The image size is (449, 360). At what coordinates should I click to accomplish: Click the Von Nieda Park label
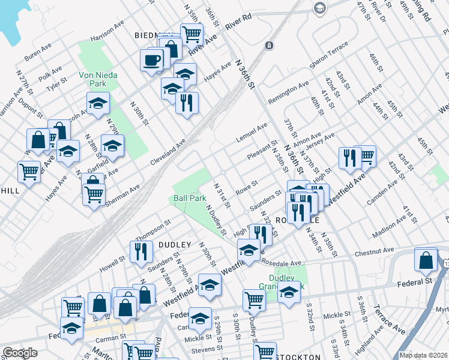point(98,80)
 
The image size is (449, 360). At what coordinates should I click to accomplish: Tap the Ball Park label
point(190,197)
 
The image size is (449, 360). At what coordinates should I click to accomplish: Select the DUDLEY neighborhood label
point(175,245)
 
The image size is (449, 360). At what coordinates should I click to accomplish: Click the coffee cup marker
point(152,60)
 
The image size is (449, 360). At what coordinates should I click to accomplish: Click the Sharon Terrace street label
point(328,55)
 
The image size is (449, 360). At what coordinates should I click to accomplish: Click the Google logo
point(19,353)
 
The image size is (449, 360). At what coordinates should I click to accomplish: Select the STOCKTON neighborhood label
point(298,357)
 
